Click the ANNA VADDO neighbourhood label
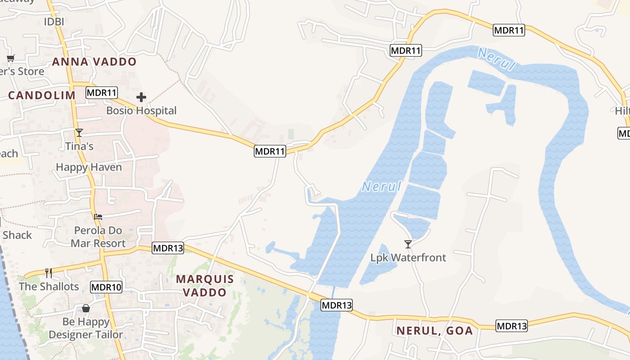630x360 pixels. click(94, 62)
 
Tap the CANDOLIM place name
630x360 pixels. click(42, 95)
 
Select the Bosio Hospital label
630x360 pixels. click(141, 110)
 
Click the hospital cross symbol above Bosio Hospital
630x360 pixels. click(141, 97)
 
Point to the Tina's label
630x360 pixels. click(79, 146)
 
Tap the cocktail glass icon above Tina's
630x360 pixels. click(79, 133)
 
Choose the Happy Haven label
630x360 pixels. click(89, 167)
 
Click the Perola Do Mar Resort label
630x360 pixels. click(98, 237)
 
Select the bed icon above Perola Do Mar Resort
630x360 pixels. click(98, 217)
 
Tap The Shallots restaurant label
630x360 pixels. click(49, 286)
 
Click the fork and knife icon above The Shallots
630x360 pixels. click(49, 273)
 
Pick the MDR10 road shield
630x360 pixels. click(106, 287)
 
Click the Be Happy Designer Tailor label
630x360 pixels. click(85, 328)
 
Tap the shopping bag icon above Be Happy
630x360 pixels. click(85, 309)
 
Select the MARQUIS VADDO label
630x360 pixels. click(205, 285)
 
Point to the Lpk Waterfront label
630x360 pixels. click(408, 257)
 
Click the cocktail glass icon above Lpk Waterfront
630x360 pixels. click(408, 244)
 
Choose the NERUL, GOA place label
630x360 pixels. click(434, 331)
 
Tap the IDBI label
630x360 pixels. click(54, 22)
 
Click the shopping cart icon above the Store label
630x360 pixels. click(10, 58)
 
